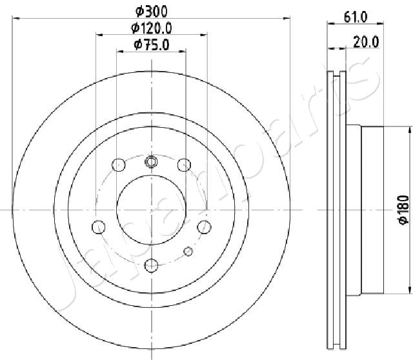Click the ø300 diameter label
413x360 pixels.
click(x=152, y=12)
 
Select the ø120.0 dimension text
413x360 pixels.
click(x=152, y=28)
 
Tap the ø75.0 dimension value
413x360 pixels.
click(x=152, y=45)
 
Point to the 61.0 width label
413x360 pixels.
click(x=356, y=17)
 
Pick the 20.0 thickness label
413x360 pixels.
click(x=366, y=42)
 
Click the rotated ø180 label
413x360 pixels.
click(x=404, y=210)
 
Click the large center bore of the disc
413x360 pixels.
click(x=152, y=210)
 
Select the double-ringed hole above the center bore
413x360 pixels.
click(x=151, y=161)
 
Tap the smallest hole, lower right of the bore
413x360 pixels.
click(x=188, y=251)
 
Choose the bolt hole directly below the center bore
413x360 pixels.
click(x=152, y=265)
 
